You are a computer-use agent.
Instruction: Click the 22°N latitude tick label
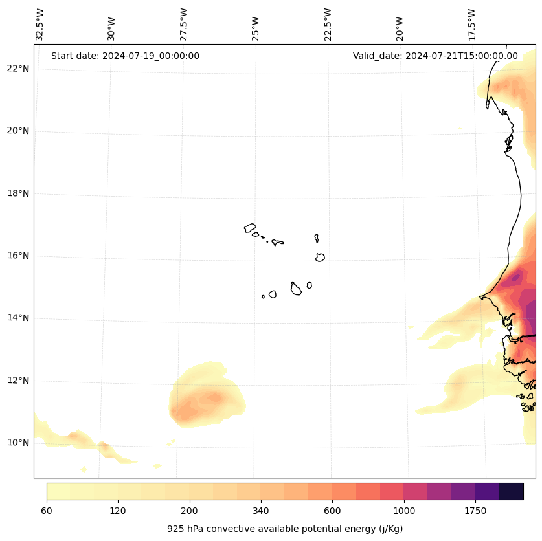click(18, 69)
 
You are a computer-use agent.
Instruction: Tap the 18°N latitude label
click(18, 193)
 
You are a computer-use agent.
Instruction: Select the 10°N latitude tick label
click(18, 443)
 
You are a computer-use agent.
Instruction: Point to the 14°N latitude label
click(18, 318)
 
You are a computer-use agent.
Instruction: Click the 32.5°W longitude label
click(40, 25)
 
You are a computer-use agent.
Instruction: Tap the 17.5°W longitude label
click(472, 25)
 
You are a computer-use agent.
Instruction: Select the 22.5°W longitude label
click(328, 25)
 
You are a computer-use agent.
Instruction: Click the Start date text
click(125, 56)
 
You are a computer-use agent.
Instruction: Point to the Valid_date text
click(435, 56)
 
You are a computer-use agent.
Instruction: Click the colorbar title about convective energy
click(285, 529)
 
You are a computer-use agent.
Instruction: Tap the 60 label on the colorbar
click(47, 511)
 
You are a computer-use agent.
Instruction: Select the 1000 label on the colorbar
click(404, 511)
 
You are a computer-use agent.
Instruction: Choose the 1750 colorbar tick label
click(475, 511)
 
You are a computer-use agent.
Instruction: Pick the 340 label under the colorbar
click(261, 511)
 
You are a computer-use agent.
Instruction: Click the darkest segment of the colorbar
click(512, 491)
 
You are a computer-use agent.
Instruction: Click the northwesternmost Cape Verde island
click(250, 228)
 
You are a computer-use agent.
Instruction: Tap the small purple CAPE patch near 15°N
click(515, 278)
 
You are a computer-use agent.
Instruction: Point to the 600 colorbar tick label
click(332, 511)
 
